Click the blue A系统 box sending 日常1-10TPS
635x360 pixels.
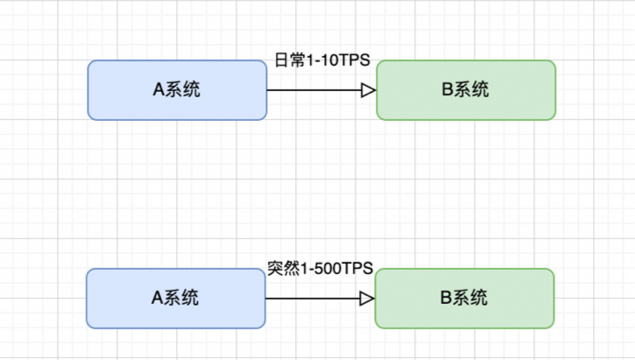point(177,89)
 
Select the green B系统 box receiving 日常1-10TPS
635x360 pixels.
point(466,89)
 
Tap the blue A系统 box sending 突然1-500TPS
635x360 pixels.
point(175,299)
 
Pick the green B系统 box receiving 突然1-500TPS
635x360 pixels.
point(464,299)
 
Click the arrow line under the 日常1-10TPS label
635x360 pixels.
point(311,90)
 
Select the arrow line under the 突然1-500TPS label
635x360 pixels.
point(311,299)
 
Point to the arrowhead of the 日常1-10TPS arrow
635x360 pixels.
point(369,90)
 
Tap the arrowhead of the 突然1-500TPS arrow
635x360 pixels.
point(368,299)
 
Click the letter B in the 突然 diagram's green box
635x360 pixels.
point(445,299)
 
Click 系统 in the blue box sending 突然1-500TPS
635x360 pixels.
point(182,299)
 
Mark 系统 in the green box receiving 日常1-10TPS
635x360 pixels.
point(473,89)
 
